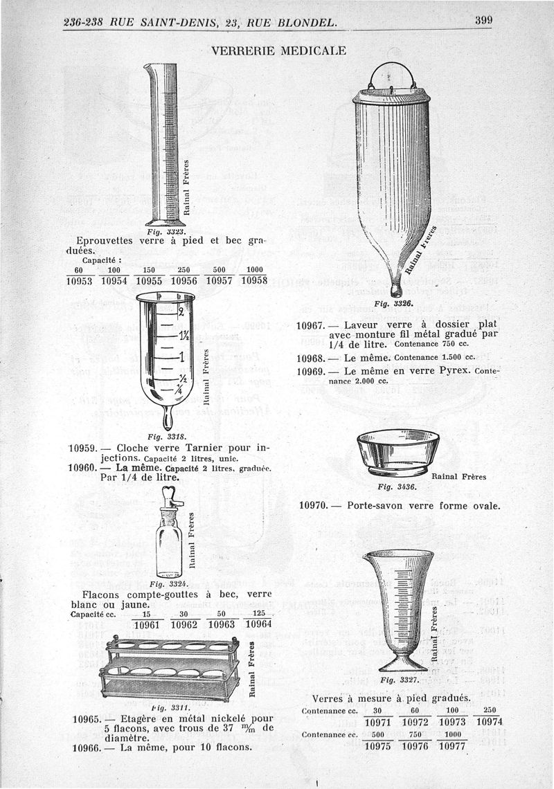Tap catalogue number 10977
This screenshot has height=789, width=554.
(451, 746)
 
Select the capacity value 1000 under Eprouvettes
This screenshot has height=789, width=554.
(253, 270)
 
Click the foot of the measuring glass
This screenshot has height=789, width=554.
(398, 664)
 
